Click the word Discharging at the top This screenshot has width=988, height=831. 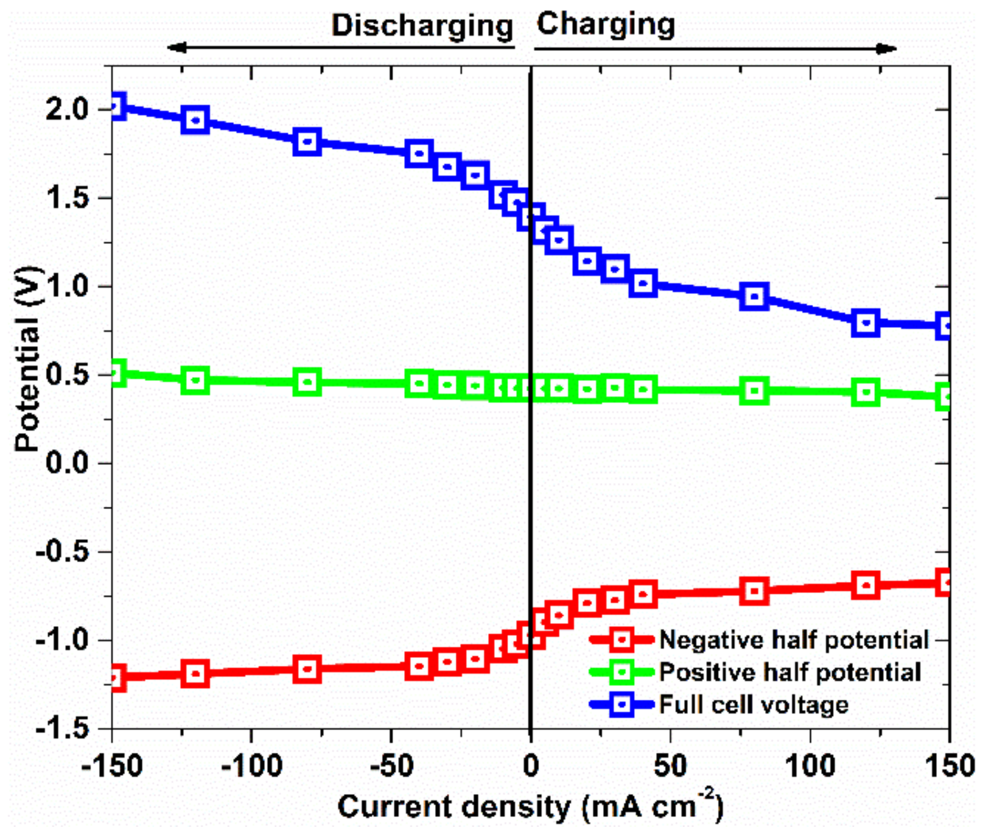(422, 26)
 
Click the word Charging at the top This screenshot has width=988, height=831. (606, 25)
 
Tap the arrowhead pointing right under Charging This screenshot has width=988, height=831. (887, 49)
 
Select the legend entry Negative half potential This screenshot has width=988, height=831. (794, 640)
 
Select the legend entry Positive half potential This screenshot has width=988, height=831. (790, 672)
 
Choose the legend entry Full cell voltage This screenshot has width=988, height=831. (753, 704)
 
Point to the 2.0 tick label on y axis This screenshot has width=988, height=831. (68, 109)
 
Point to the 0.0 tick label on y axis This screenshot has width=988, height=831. (68, 463)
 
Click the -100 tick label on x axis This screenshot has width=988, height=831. (251, 766)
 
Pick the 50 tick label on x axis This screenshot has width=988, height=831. (670, 766)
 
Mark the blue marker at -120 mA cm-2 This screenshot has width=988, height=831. (195, 120)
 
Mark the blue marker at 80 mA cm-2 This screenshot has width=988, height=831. (755, 297)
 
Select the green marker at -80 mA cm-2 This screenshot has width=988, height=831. (308, 382)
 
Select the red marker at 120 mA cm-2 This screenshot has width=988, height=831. (866, 585)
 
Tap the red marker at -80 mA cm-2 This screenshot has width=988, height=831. (308, 669)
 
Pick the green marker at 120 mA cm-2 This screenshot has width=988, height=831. (866, 392)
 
